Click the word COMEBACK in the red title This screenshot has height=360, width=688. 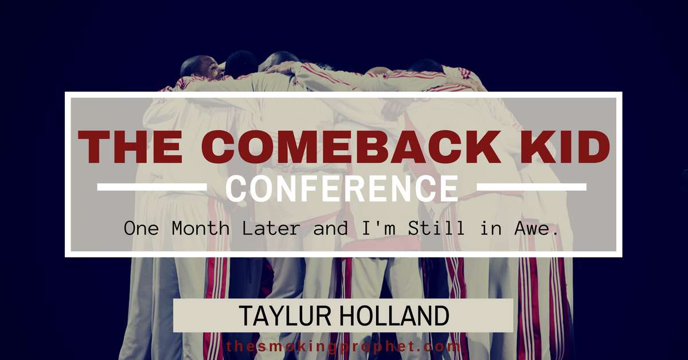pyautogui.click(x=351, y=147)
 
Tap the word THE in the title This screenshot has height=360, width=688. pyautogui.click(x=131, y=147)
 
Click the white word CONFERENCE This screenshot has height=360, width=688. pyautogui.click(x=342, y=188)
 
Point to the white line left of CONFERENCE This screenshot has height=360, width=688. pyautogui.click(x=152, y=187)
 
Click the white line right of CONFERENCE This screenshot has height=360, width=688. pyautogui.click(x=531, y=187)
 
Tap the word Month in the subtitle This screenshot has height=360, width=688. pyautogui.click(x=201, y=228)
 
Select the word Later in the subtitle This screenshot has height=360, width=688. pyautogui.click(x=271, y=228)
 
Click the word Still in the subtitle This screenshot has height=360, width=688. pyautogui.click(x=436, y=228)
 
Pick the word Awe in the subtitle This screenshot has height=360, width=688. pyautogui.click(x=536, y=228)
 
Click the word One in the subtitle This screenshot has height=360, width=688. pyautogui.click(x=141, y=228)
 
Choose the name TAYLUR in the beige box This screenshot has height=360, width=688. pyautogui.click(x=285, y=315)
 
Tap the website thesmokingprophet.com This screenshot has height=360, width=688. pyautogui.click(x=343, y=346)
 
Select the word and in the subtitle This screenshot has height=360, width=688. pyautogui.click(x=330, y=228)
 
